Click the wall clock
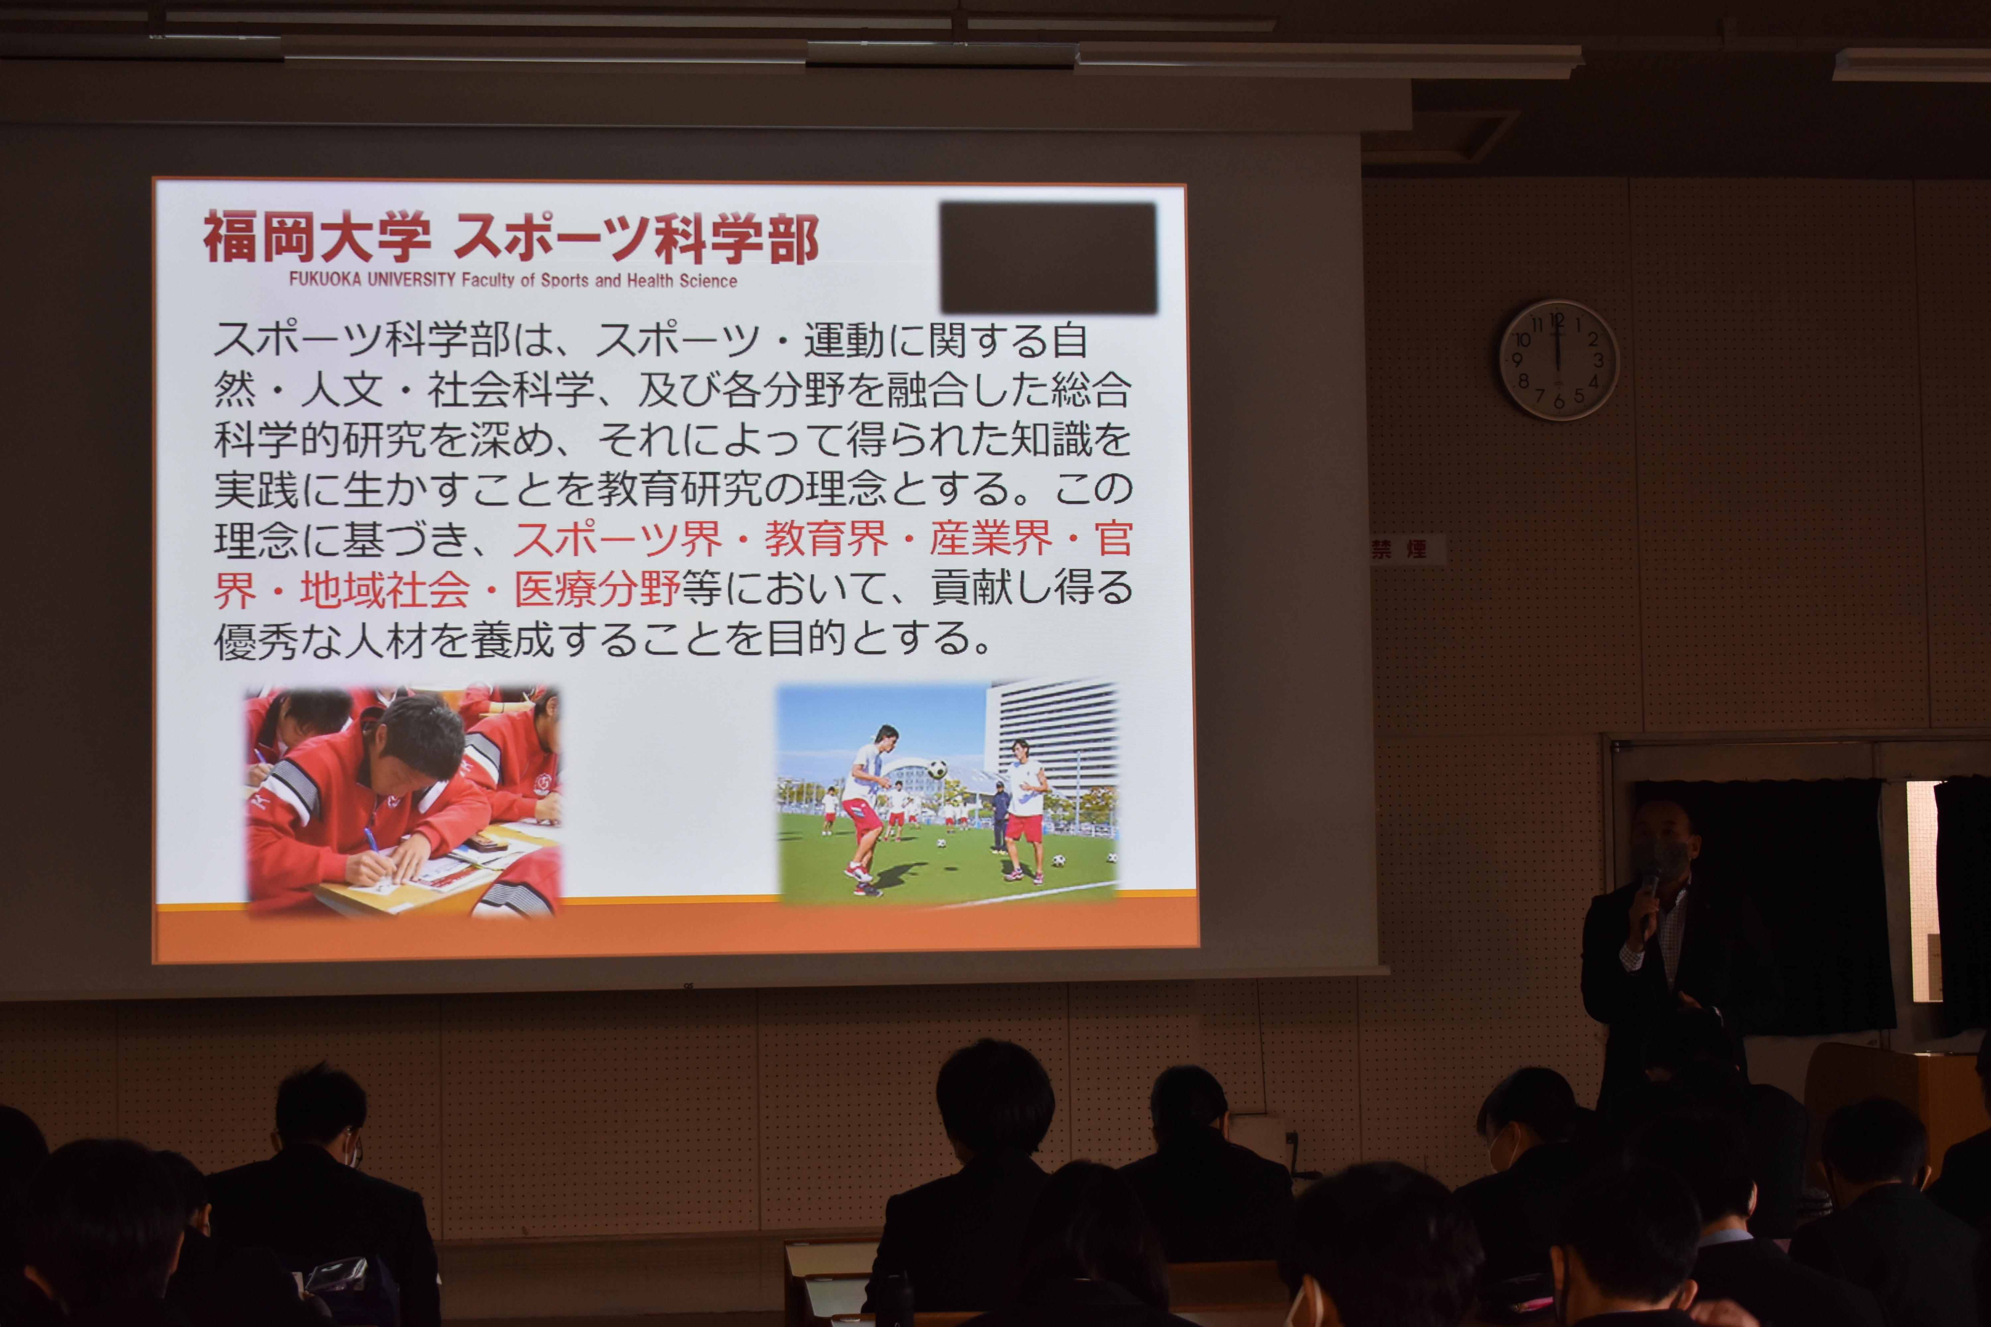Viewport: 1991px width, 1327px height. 1558,360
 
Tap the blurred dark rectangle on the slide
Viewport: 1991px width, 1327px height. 1048,257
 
